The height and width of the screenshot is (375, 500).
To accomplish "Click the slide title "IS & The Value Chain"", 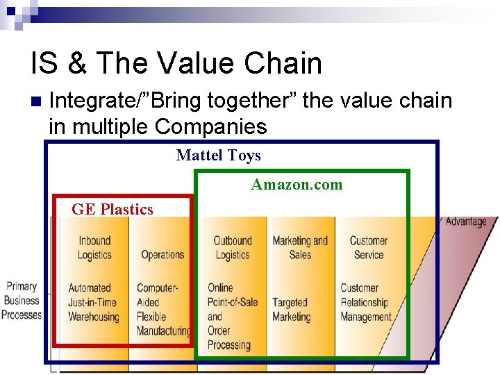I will point(176,63).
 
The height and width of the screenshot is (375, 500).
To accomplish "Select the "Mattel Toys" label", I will point(218,155).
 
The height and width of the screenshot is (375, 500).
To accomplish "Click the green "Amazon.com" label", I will point(297,184).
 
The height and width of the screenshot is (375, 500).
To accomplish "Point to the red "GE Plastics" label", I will point(112,209).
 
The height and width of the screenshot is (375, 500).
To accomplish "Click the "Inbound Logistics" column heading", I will point(94,248).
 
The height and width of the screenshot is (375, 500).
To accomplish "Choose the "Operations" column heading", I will point(162,254).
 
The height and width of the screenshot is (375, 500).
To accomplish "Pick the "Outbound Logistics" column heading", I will point(232,248).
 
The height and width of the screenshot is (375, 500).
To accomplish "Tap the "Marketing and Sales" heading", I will point(300,248).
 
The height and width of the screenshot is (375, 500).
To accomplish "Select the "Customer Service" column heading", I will point(368,248).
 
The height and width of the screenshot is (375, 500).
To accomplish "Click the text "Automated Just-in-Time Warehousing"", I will point(94,302).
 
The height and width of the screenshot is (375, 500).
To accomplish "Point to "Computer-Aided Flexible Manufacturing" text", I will point(163,309).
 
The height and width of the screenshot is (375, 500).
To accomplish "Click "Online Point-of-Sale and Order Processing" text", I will point(232,316).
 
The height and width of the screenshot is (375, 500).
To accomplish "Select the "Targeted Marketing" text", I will point(291,309).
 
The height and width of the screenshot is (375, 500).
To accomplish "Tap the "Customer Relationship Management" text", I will point(365,302).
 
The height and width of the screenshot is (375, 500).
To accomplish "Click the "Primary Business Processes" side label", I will point(22,301).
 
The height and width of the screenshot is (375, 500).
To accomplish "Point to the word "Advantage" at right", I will point(466,222).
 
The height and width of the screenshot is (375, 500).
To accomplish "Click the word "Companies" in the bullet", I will point(211,126).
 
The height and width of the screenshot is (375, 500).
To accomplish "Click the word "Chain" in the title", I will point(284,63).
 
